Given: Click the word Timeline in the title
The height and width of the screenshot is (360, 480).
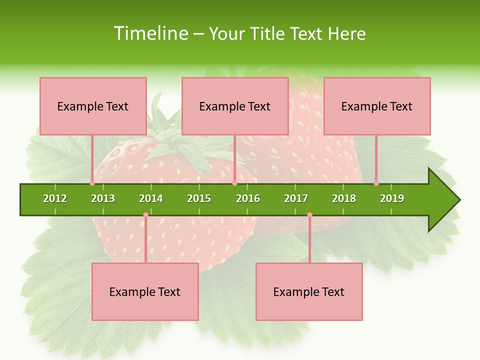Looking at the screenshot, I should [150, 33].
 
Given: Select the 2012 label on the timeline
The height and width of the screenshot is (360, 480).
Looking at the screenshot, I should [55, 198].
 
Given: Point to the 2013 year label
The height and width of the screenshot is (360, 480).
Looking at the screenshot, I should [103, 198].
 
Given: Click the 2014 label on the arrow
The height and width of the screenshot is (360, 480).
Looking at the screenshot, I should [151, 198].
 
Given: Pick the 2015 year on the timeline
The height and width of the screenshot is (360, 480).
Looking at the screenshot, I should [199, 198].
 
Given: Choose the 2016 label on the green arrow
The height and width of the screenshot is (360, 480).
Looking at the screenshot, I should [248, 198].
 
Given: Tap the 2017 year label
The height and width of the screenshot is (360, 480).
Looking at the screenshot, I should [296, 198].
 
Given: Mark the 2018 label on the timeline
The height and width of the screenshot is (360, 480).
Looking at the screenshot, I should [344, 198].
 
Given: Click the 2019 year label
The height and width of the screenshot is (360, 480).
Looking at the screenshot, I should [392, 198].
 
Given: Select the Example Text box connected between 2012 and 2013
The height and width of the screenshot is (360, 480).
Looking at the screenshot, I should [93, 106].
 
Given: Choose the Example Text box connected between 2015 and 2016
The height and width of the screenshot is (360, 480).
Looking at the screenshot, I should [235, 106].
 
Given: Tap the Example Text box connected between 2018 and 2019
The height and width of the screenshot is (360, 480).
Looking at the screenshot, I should [377, 106].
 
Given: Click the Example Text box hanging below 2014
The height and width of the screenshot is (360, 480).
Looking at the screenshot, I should [145, 291].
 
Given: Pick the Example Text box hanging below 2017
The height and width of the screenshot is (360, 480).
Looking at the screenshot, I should [309, 291].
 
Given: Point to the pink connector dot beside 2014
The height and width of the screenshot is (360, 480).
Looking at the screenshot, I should [145, 215].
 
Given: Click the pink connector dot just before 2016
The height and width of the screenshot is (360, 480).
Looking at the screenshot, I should [234, 183].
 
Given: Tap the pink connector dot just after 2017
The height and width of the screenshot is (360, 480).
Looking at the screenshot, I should [309, 215].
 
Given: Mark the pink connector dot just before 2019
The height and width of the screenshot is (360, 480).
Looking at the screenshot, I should [376, 183].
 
